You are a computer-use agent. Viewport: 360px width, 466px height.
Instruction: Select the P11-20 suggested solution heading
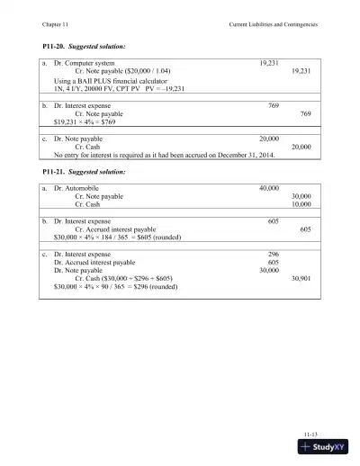coord(84,45)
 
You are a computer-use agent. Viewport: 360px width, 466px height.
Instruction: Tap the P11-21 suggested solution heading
coord(84,171)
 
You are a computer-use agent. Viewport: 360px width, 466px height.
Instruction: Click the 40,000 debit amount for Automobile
coord(268,188)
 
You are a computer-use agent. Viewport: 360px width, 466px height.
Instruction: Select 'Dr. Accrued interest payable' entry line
coord(98,263)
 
